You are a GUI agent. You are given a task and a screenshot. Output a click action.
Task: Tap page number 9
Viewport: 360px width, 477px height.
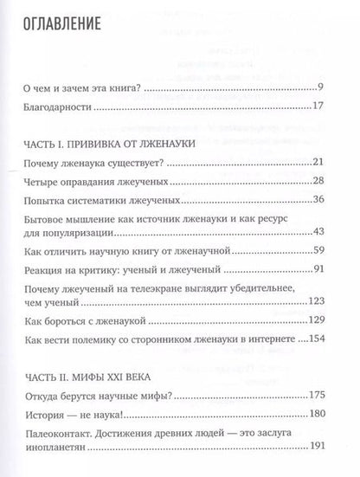pyautogui.click(x=319, y=87)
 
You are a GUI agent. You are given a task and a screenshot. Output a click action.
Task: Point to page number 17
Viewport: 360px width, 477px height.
pyautogui.click(x=317, y=108)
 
